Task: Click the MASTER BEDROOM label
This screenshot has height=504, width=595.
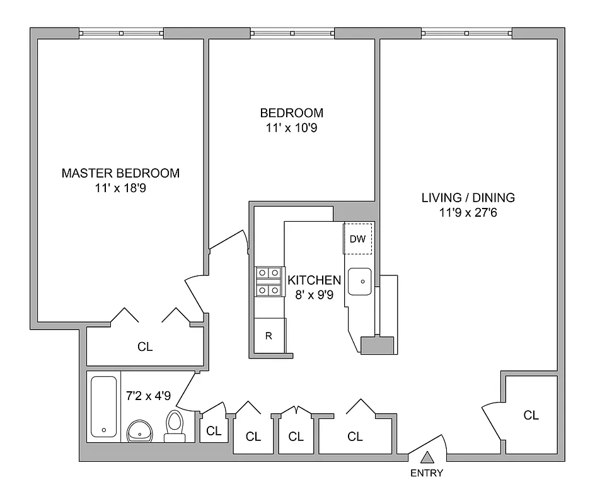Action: coord(120,173)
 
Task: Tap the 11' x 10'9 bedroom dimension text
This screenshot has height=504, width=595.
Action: coord(291,127)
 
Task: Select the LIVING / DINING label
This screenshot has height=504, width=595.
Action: coord(468,198)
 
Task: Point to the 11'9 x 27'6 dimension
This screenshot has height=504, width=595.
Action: coord(468,212)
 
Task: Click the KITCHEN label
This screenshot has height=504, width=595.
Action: coord(314,280)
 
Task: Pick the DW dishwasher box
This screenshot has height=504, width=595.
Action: coord(357,239)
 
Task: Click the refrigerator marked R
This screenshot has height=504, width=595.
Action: coord(269,336)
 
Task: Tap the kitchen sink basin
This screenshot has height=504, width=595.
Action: coord(361,282)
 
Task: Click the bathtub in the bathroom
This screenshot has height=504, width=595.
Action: coord(104,406)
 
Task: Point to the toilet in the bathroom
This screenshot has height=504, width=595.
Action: coord(174,425)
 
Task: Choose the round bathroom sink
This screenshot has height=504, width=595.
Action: coord(140,432)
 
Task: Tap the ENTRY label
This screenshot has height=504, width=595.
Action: coord(427,474)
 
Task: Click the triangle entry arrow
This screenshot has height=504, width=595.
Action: coord(427,458)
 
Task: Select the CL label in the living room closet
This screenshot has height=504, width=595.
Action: coord(531,415)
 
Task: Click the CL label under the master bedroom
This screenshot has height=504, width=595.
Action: coord(145,346)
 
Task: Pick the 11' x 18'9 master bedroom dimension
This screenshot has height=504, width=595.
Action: coord(120,187)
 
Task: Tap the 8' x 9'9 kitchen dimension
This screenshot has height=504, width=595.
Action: coord(314,294)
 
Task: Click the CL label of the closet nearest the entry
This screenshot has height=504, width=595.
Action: coord(355,436)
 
